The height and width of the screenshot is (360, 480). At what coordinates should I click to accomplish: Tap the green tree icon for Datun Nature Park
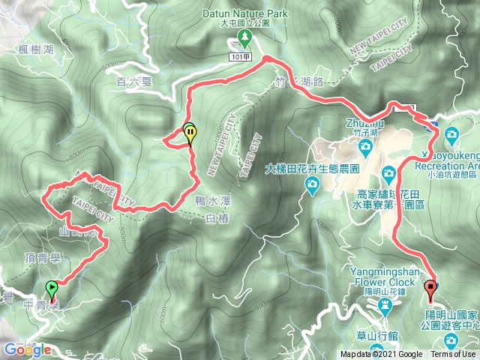tap(244, 37)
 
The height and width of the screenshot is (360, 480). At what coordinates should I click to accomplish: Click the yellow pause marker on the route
tap(190, 133)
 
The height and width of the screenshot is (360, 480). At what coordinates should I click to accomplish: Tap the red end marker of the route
tap(430, 289)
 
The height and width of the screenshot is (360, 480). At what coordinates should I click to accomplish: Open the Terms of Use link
tap(452, 355)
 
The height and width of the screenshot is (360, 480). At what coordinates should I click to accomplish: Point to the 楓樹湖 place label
tap(37, 49)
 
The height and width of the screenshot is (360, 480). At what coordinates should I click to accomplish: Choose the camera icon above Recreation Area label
tap(452, 136)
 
